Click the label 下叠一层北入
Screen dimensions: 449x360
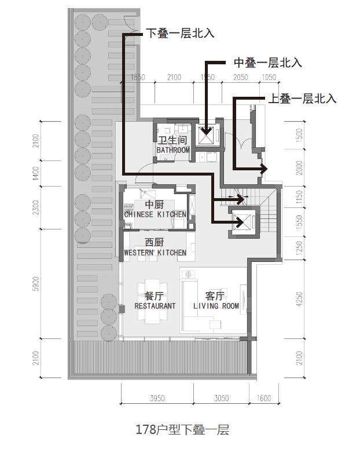click(180, 34)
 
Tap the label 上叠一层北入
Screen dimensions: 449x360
click(302, 99)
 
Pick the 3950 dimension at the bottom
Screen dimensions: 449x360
click(157, 398)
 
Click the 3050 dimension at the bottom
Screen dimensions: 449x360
click(221, 398)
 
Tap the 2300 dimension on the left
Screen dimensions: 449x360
click(36, 207)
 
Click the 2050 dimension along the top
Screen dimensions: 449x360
click(240, 78)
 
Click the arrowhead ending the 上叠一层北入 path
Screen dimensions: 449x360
click(265, 169)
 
